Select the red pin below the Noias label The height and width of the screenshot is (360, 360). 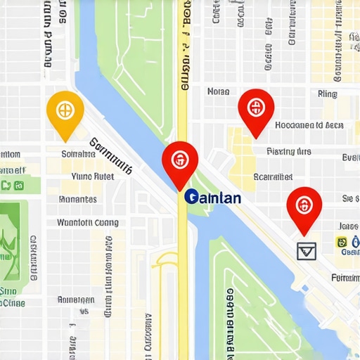pos(255,110)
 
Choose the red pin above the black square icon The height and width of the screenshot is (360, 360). pos(304,208)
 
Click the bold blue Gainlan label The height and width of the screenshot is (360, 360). pos(212,198)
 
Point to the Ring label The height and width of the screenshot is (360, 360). pos(327,94)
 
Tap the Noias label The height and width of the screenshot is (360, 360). pos(219,91)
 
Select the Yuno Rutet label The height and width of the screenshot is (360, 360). pos(93,177)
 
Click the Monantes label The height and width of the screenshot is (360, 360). pos(77,200)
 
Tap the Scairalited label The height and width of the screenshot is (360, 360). pos(273,177)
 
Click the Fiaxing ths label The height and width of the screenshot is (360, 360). pos(288,151)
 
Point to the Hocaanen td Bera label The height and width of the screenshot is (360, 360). pos(309,126)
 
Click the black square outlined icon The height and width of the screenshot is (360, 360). pos(307,250)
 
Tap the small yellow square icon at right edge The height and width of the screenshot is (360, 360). pos(342,243)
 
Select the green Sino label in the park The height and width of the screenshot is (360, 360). pos(8,291)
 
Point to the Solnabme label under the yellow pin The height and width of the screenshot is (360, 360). pos(78,154)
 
